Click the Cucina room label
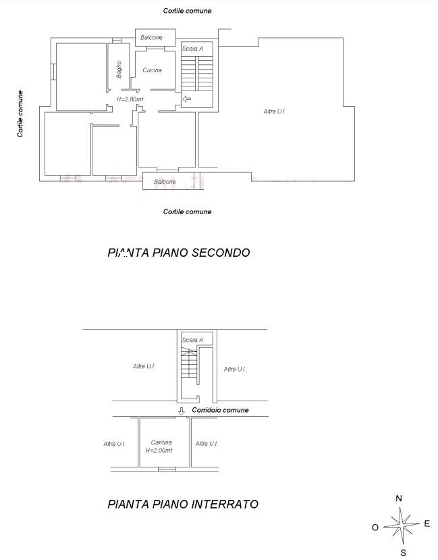(152, 70)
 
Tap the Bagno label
(119, 70)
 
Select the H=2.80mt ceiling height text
(130, 99)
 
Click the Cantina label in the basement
(161, 442)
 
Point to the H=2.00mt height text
(159, 451)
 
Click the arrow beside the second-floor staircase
(186, 99)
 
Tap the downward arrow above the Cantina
(181, 411)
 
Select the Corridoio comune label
(220, 410)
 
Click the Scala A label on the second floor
(192, 49)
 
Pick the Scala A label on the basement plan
(192, 340)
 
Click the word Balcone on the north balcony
(151, 37)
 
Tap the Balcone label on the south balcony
(165, 182)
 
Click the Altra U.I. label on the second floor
(275, 111)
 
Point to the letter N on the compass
(399, 499)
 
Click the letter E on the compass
(427, 524)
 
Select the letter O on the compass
(375, 527)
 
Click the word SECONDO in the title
(221, 253)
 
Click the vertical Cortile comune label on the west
(20, 113)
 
